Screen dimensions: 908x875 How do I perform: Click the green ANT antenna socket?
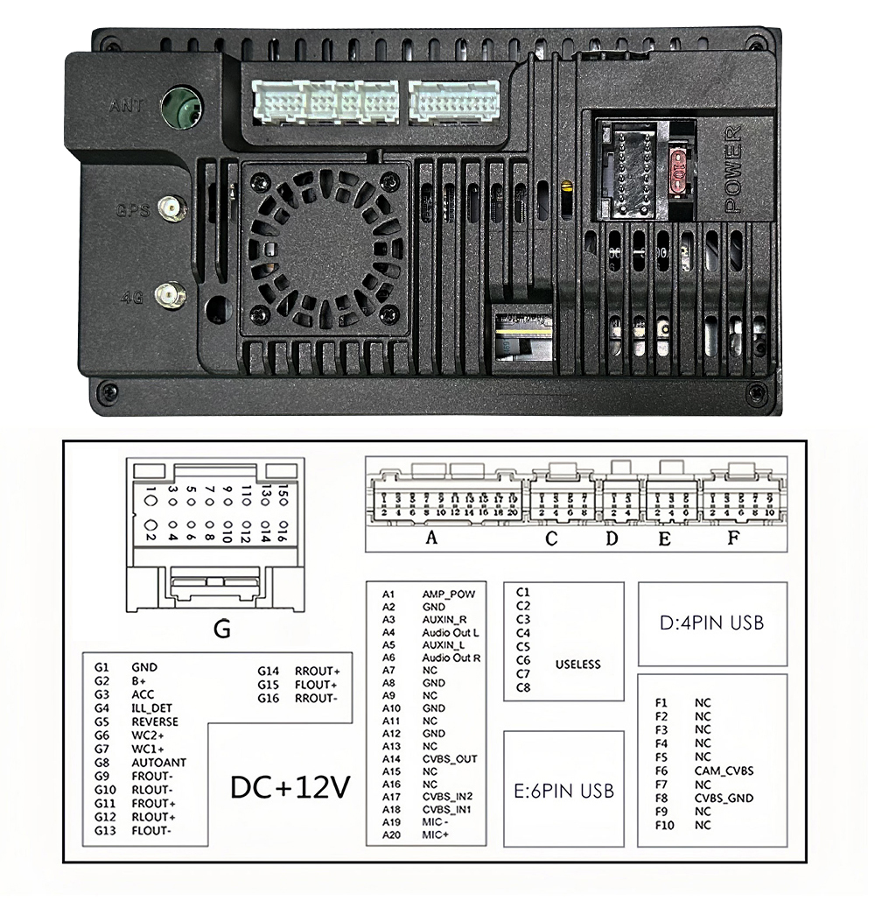[182, 108]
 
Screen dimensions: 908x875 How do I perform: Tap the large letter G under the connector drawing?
[222, 629]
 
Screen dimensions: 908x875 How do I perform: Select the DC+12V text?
[290, 787]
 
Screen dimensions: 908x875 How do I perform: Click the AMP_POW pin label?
[448, 594]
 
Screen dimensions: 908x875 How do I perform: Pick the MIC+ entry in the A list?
[435, 835]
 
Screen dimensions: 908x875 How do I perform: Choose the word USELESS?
[578, 665]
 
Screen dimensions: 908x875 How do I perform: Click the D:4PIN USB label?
[711, 623]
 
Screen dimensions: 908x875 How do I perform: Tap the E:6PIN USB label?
[563, 791]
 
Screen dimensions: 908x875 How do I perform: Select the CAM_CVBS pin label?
[724, 771]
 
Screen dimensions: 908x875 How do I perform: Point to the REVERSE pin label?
[155, 721]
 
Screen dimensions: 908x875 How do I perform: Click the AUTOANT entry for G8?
[158, 763]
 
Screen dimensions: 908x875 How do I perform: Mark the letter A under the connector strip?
[430, 538]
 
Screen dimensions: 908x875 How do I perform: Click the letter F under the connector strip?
[734, 538]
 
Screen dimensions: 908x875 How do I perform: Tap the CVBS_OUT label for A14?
[450, 759]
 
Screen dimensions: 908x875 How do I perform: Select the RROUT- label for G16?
[316, 698]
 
